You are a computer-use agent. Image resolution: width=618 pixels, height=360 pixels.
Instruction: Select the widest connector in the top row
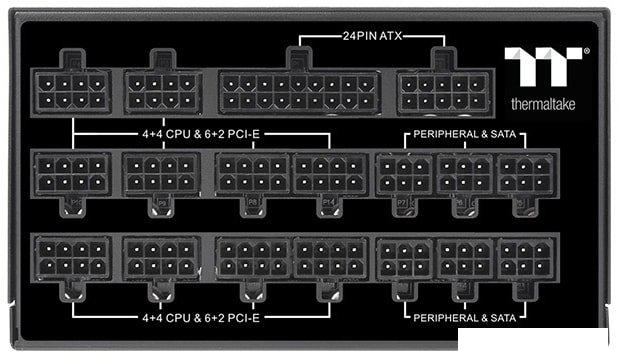(294, 92)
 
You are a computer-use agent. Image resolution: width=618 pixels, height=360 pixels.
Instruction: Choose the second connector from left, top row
(162, 90)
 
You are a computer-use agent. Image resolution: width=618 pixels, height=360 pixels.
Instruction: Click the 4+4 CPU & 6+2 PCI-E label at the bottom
(200, 317)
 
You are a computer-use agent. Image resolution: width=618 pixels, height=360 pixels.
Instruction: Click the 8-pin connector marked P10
(72, 174)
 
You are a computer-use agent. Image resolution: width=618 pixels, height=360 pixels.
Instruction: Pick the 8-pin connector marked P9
(161, 174)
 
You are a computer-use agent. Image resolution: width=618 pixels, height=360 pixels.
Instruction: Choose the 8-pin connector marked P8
(251, 174)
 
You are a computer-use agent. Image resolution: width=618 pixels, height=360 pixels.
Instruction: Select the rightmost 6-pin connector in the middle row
(525, 174)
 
